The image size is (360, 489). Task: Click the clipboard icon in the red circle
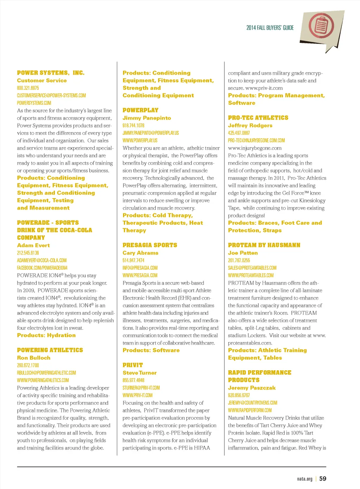[x=321, y=26]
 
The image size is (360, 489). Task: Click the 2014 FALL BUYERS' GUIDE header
[x=270, y=28]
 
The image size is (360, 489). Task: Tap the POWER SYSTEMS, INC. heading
[x=51, y=73]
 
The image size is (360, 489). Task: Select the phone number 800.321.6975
[x=28, y=88]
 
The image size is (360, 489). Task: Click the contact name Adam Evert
[x=33, y=245]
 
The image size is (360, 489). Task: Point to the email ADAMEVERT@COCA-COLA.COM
[x=41, y=260]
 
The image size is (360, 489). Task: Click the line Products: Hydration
[x=46, y=335]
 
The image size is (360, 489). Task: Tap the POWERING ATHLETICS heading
[x=50, y=350]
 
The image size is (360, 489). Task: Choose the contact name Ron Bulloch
[x=34, y=358]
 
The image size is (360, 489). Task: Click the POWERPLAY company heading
[x=140, y=110]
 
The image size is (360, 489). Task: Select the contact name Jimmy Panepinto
[x=147, y=118]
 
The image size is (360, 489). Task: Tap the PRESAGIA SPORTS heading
[x=150, y=245]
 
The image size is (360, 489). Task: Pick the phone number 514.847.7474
[x=133, y=260]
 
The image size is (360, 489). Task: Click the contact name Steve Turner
[x=140, y=373]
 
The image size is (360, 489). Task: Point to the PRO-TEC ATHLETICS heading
[x=258, y=118]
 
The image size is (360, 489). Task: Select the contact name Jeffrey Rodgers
[x=250, y=125]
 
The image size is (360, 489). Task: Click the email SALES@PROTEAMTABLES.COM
[x=252, y=268]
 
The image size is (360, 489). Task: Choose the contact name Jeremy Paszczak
[x=252, y=387]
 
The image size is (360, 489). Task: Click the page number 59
[x=323, y=478]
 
